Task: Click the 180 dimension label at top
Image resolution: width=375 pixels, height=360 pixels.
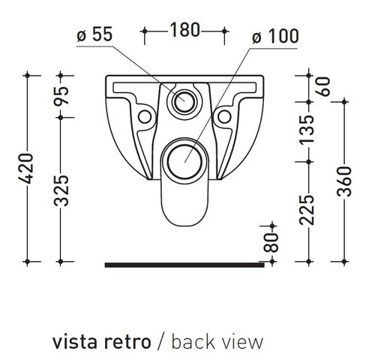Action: pyautogui.click(x=185, y=30)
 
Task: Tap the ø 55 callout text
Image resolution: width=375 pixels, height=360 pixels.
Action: pyautogui.click(x=94, y=34)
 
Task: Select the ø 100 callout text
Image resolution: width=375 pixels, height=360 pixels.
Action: pyautogui.click(x=275, y=36)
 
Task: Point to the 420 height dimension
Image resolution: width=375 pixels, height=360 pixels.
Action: pyautogui.click(x=25, y=169)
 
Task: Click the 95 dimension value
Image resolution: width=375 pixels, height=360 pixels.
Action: pyautogui.click(x=61, y=96)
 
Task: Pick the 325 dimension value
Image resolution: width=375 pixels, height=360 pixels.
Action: pyautogui.click(x=61, y=190)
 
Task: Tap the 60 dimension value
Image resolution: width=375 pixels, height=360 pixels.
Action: pyautogui.click(x=323, y=86)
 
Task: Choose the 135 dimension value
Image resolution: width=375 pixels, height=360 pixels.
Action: pyautogui.click(x=307, y=130)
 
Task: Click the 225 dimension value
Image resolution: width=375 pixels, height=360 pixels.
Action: pyautogui.click(x=307, y=209)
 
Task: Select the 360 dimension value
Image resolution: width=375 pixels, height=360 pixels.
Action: pyautogui.click(x=344, y=181)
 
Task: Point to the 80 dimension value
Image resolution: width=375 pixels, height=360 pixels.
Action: pyautogui.click(x=271, y=242)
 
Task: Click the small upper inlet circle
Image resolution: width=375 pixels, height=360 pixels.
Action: pyautogui.click(x=184, y=101)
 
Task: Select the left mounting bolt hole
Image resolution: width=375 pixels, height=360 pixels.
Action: pyautogui.click(x=145, y=117)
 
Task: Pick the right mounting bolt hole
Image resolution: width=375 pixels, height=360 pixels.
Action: pyautogui.click(x=224, y=117)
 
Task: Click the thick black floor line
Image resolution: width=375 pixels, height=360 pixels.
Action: pyautogui.click(x=184, y=265)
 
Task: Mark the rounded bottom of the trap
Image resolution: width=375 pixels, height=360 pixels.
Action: pyautogui.click(x=184, y=226)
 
